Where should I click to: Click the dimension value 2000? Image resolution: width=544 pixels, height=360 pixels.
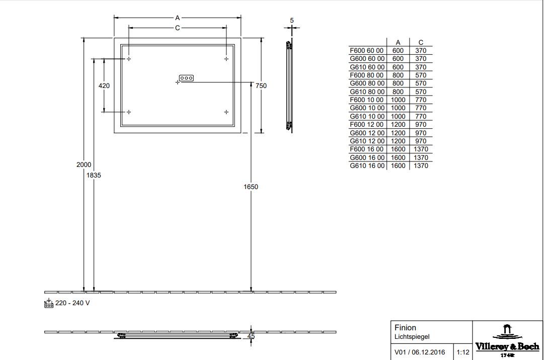[84, 165]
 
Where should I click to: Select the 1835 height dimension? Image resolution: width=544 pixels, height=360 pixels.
[94, 175]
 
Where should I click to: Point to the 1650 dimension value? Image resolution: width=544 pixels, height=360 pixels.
[251, 187]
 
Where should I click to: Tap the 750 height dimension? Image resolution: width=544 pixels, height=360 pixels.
[261, 85]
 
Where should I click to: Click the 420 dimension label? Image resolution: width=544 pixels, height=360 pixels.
[104, 85]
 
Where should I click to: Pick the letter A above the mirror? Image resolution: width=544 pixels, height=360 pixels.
[177, 18]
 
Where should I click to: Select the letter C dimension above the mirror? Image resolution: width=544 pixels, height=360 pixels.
[177, 28]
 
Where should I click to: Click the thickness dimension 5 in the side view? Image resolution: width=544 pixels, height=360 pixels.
[292, 21]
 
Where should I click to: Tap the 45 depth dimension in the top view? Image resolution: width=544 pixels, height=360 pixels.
[251, 336]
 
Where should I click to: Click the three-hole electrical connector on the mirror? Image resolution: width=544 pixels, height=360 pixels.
[186, 78]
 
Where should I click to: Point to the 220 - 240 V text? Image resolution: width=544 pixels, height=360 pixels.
[72, 303]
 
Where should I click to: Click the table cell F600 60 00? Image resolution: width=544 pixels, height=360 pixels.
[367, 51]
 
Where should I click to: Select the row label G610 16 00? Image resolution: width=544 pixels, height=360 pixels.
[367, 165]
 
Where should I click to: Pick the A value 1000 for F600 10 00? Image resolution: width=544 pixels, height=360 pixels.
[398, 100]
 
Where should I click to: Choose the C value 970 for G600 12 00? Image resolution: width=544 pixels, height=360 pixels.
[421, 133]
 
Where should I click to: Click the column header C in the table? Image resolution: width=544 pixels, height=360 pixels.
[421, 42]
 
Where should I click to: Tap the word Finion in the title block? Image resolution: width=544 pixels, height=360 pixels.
[405, 327]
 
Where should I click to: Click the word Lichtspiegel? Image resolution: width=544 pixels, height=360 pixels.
[412, 336]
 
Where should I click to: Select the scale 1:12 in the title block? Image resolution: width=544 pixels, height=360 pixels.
[463, 352]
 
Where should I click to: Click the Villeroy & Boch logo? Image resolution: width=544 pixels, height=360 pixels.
[507, 340]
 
